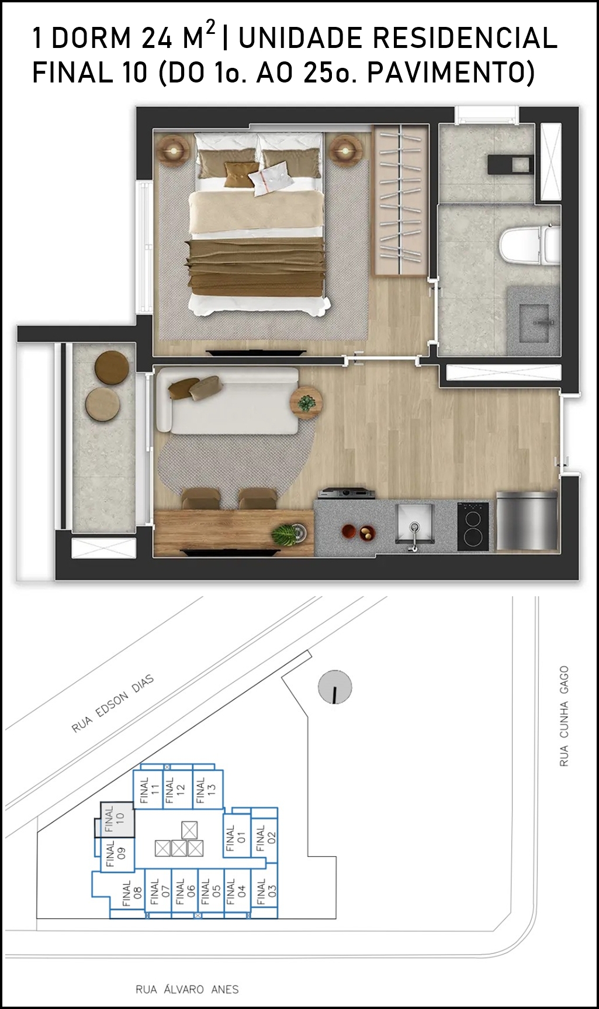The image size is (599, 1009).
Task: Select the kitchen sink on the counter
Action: [x=414, y=525]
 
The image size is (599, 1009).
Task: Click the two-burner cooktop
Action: [x=473, y=526]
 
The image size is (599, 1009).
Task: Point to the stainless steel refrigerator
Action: [x=527, y=521]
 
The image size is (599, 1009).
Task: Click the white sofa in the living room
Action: [x=228, y=401]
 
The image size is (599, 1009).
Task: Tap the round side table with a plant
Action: [x=306, y=402]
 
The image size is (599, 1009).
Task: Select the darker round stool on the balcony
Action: [x=112, y=367]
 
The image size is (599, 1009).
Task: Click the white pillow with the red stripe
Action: [x=270, y=175]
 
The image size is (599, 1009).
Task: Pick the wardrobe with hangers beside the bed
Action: [x=400, y=200]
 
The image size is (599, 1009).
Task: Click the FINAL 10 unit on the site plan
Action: [x=115, y=819]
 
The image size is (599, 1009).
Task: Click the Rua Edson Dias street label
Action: [x=113, y=704]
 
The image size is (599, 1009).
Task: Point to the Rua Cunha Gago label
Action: [x=563, y=716]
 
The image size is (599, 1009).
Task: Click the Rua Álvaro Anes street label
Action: [x=187, y=989]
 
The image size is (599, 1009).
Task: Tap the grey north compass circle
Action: [x=335, y=687]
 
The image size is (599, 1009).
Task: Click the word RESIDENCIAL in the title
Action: [x=465, y=39]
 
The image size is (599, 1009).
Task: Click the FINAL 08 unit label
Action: [x=131, y=894]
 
